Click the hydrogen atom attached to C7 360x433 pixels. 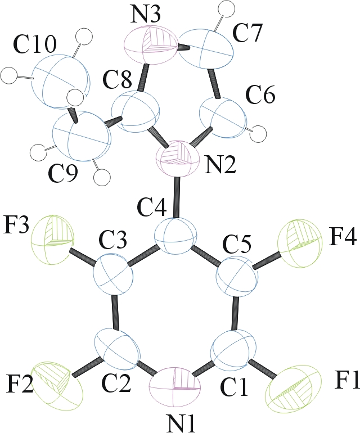tap(226, 8)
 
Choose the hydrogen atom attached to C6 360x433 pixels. tap(258, 134)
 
